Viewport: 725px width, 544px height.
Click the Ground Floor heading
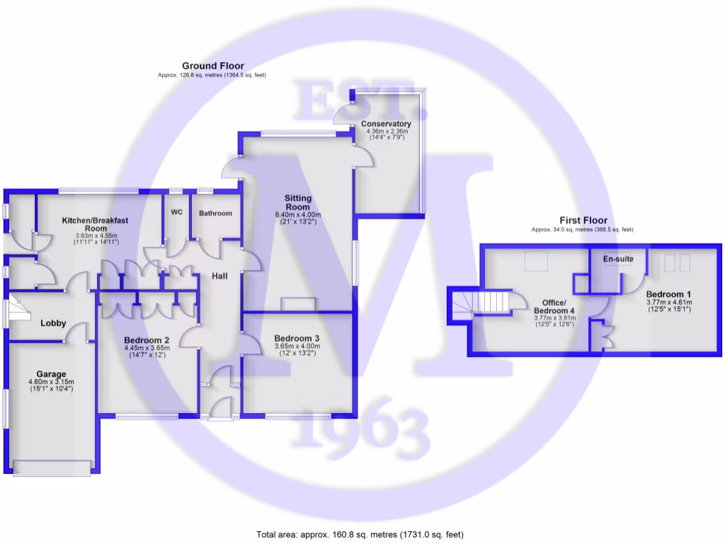point(212,66)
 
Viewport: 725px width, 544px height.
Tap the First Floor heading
point(583,220)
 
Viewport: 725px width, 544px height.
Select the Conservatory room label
point(388,124)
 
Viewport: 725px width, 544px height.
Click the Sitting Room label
point(298,203)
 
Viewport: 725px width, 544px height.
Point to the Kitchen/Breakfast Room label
point(96,225)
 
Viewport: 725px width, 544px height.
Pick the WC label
point(177,212)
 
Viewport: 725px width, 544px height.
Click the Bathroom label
point(215,213)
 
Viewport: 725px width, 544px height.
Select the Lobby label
point(53,323)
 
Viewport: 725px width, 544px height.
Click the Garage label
point(52,374)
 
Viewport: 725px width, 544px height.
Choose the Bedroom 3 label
point(297,339)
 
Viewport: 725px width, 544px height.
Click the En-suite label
point(618,259)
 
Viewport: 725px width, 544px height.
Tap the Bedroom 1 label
point(668,294)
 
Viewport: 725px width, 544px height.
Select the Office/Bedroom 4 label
point(554,306)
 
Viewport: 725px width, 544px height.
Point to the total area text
point(360,534)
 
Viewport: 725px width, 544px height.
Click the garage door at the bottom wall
point(52,467)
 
